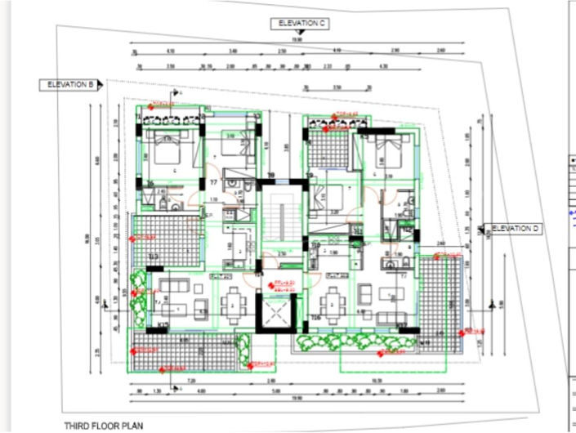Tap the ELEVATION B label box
(70, 84)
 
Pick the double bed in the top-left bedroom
(168, 152)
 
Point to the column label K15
(163, 327)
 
